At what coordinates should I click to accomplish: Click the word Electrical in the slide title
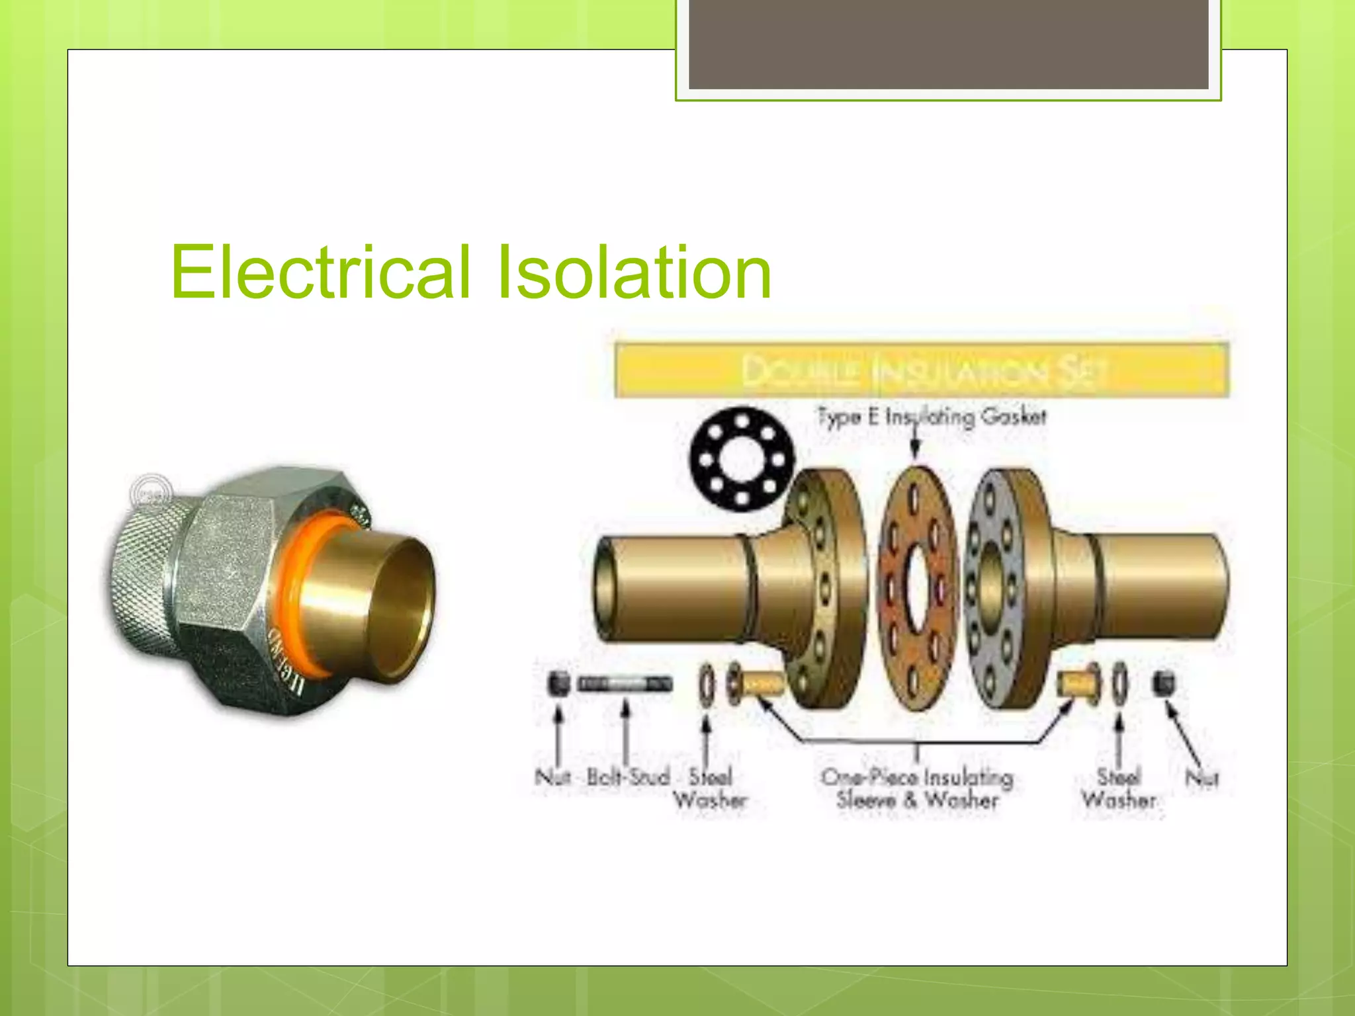click(x=321, y=273)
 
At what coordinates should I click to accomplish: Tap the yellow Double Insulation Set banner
click(x=921, y=370)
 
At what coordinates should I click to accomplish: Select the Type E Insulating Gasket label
click(x=932, y=417)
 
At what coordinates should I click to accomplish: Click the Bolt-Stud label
click(x=628, y=777)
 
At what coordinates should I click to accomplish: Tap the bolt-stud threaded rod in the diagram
click(x=625, y=683)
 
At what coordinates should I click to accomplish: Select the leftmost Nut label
click(x=552, y=777)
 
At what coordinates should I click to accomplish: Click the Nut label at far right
click(x=1202, y=778)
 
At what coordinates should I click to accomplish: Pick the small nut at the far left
click(x=559, y=683)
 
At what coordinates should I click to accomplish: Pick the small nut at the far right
click(x=1162, y=682)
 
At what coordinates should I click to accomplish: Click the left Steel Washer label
click(x=710, y=788)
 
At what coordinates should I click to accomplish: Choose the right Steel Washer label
click(x=1119, y=788)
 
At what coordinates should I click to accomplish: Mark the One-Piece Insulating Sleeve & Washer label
click(x=918, y=788)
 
